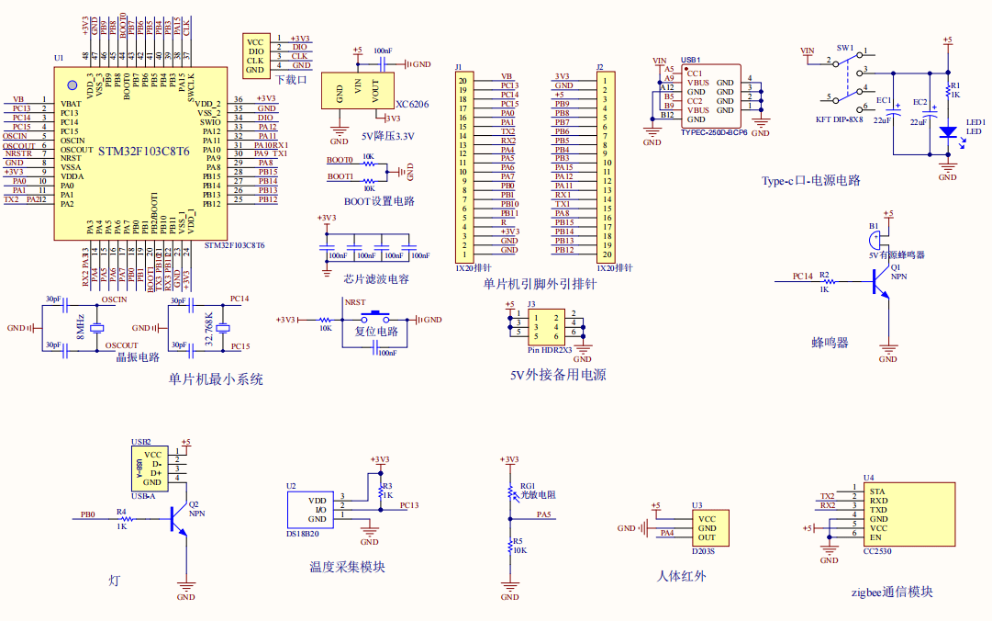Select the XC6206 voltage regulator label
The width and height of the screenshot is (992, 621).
pyautogui.click(x=411, y=105)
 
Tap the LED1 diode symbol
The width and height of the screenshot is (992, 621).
pyautogui.click(x=947, y=131)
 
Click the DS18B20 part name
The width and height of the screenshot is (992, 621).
pyautogui.click(x=302, y=533)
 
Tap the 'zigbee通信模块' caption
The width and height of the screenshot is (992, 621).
pyautogui.click(x=892, y=593)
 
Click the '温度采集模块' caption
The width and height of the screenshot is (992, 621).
pyautogui.click(x=347, y=567)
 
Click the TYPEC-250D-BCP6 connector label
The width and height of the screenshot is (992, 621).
pyautogui.click(x=714, y=132)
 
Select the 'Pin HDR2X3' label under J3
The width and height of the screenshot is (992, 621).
pyautogui.click(x=550, y=350)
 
